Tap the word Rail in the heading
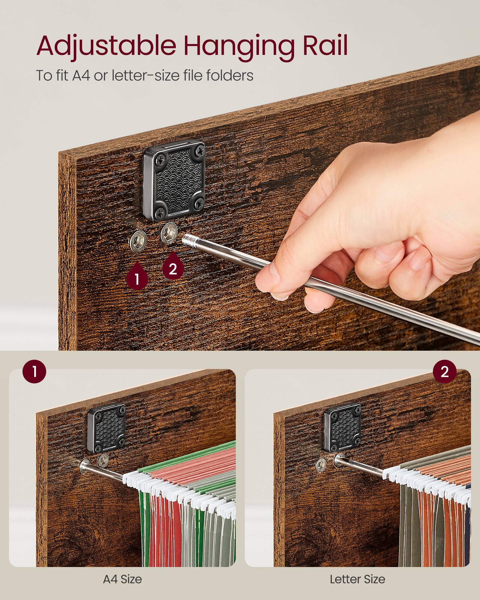325,46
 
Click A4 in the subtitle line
81,75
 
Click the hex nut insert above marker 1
138,240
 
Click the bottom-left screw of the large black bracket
160,213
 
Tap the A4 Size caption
122,579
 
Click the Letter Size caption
357,579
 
